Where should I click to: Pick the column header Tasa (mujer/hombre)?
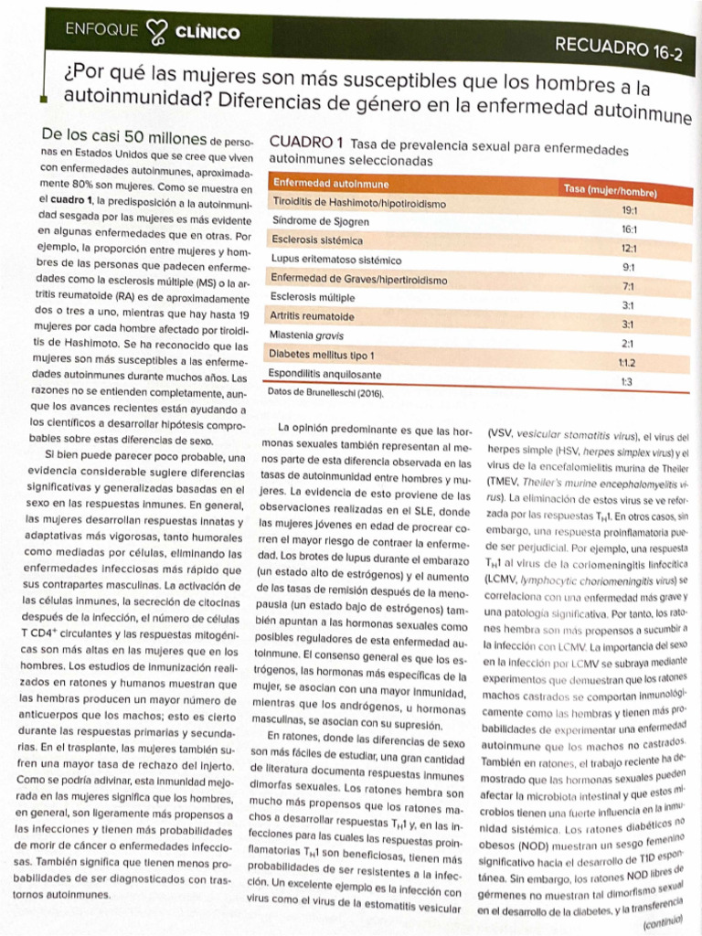610,188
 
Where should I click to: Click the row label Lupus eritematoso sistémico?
336,260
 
